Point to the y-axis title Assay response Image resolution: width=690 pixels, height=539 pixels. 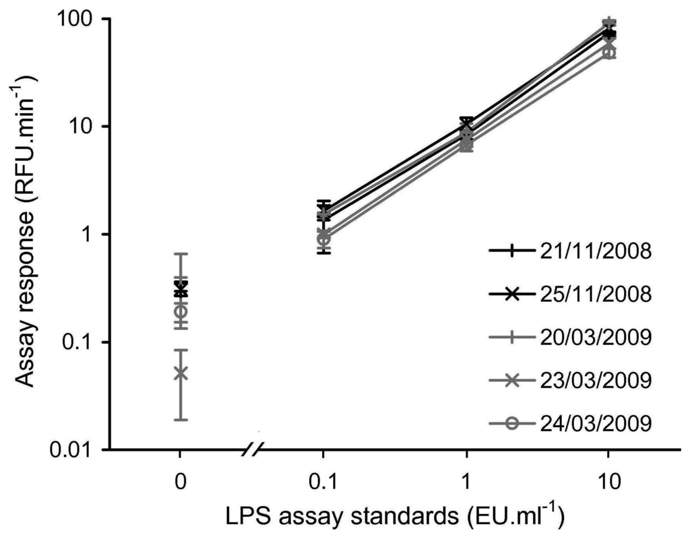point(27,229)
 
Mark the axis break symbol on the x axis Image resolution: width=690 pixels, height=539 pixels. point(255,447)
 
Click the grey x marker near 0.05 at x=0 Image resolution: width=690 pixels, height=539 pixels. point(180,373)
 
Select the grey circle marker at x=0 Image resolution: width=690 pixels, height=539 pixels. point(180,311)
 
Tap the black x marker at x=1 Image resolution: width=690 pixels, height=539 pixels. point(466,123)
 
